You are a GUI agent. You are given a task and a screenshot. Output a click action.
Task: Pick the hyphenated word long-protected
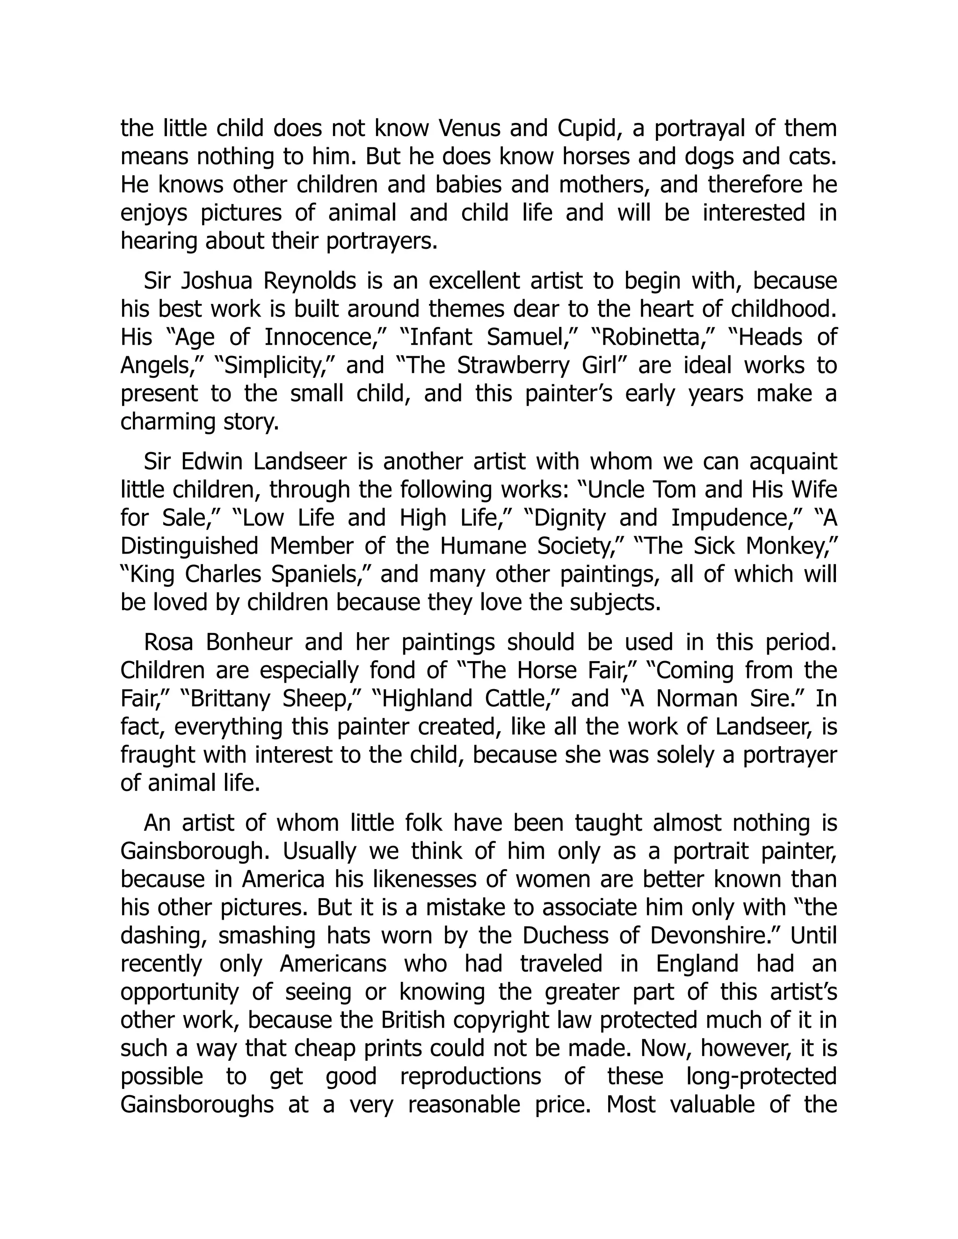761,1076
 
